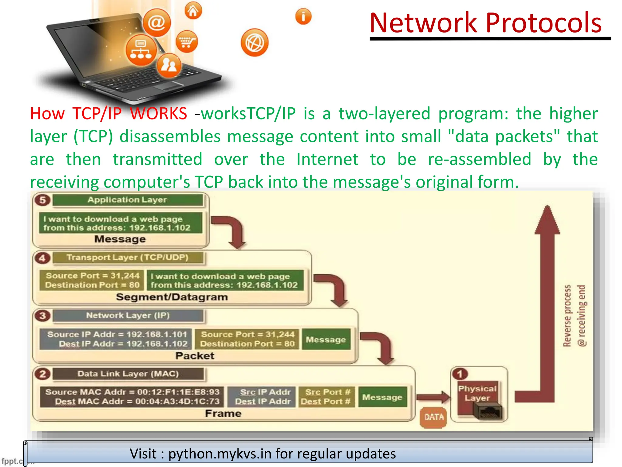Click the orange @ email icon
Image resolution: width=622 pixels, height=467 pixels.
point(157,23)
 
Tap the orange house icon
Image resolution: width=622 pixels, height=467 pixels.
point(193,11)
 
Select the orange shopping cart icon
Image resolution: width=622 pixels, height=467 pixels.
point(186,42)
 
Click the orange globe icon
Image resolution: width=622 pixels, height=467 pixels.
point(255,43)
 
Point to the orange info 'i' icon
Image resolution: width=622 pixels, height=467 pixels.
point(303,16)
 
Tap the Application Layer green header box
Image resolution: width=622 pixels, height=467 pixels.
point(128,200)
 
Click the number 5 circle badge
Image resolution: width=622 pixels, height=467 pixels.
point(43,200)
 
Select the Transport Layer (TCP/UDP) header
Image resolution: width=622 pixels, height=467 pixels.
point(128,258)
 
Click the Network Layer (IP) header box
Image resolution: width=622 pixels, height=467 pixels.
point(128,316)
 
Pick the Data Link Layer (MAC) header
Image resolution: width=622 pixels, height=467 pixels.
point(128,374)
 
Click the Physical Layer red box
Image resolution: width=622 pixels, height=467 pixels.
point(477,393)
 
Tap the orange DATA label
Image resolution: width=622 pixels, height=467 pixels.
point(434,417)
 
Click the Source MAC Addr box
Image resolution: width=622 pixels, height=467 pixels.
point(132,397)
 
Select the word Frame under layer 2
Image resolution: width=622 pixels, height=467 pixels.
point(223,413)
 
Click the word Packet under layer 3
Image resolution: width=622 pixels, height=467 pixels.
point(195,356)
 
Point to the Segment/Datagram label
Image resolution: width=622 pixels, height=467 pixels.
point(172,297)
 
